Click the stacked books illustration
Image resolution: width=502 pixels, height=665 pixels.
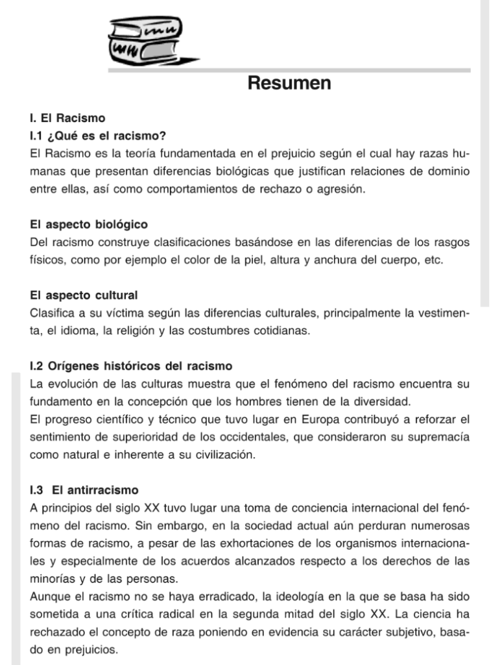144,38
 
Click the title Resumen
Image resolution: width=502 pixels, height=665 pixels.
289,83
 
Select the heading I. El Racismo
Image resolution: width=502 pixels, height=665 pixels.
67,119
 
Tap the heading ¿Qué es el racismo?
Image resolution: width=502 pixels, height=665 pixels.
107,136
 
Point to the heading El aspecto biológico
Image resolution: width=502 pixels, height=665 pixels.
89,225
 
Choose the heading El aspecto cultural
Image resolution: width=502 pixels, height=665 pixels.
84,295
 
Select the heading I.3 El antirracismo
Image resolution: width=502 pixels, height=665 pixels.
84,490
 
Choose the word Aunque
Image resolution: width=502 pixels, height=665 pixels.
51,596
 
